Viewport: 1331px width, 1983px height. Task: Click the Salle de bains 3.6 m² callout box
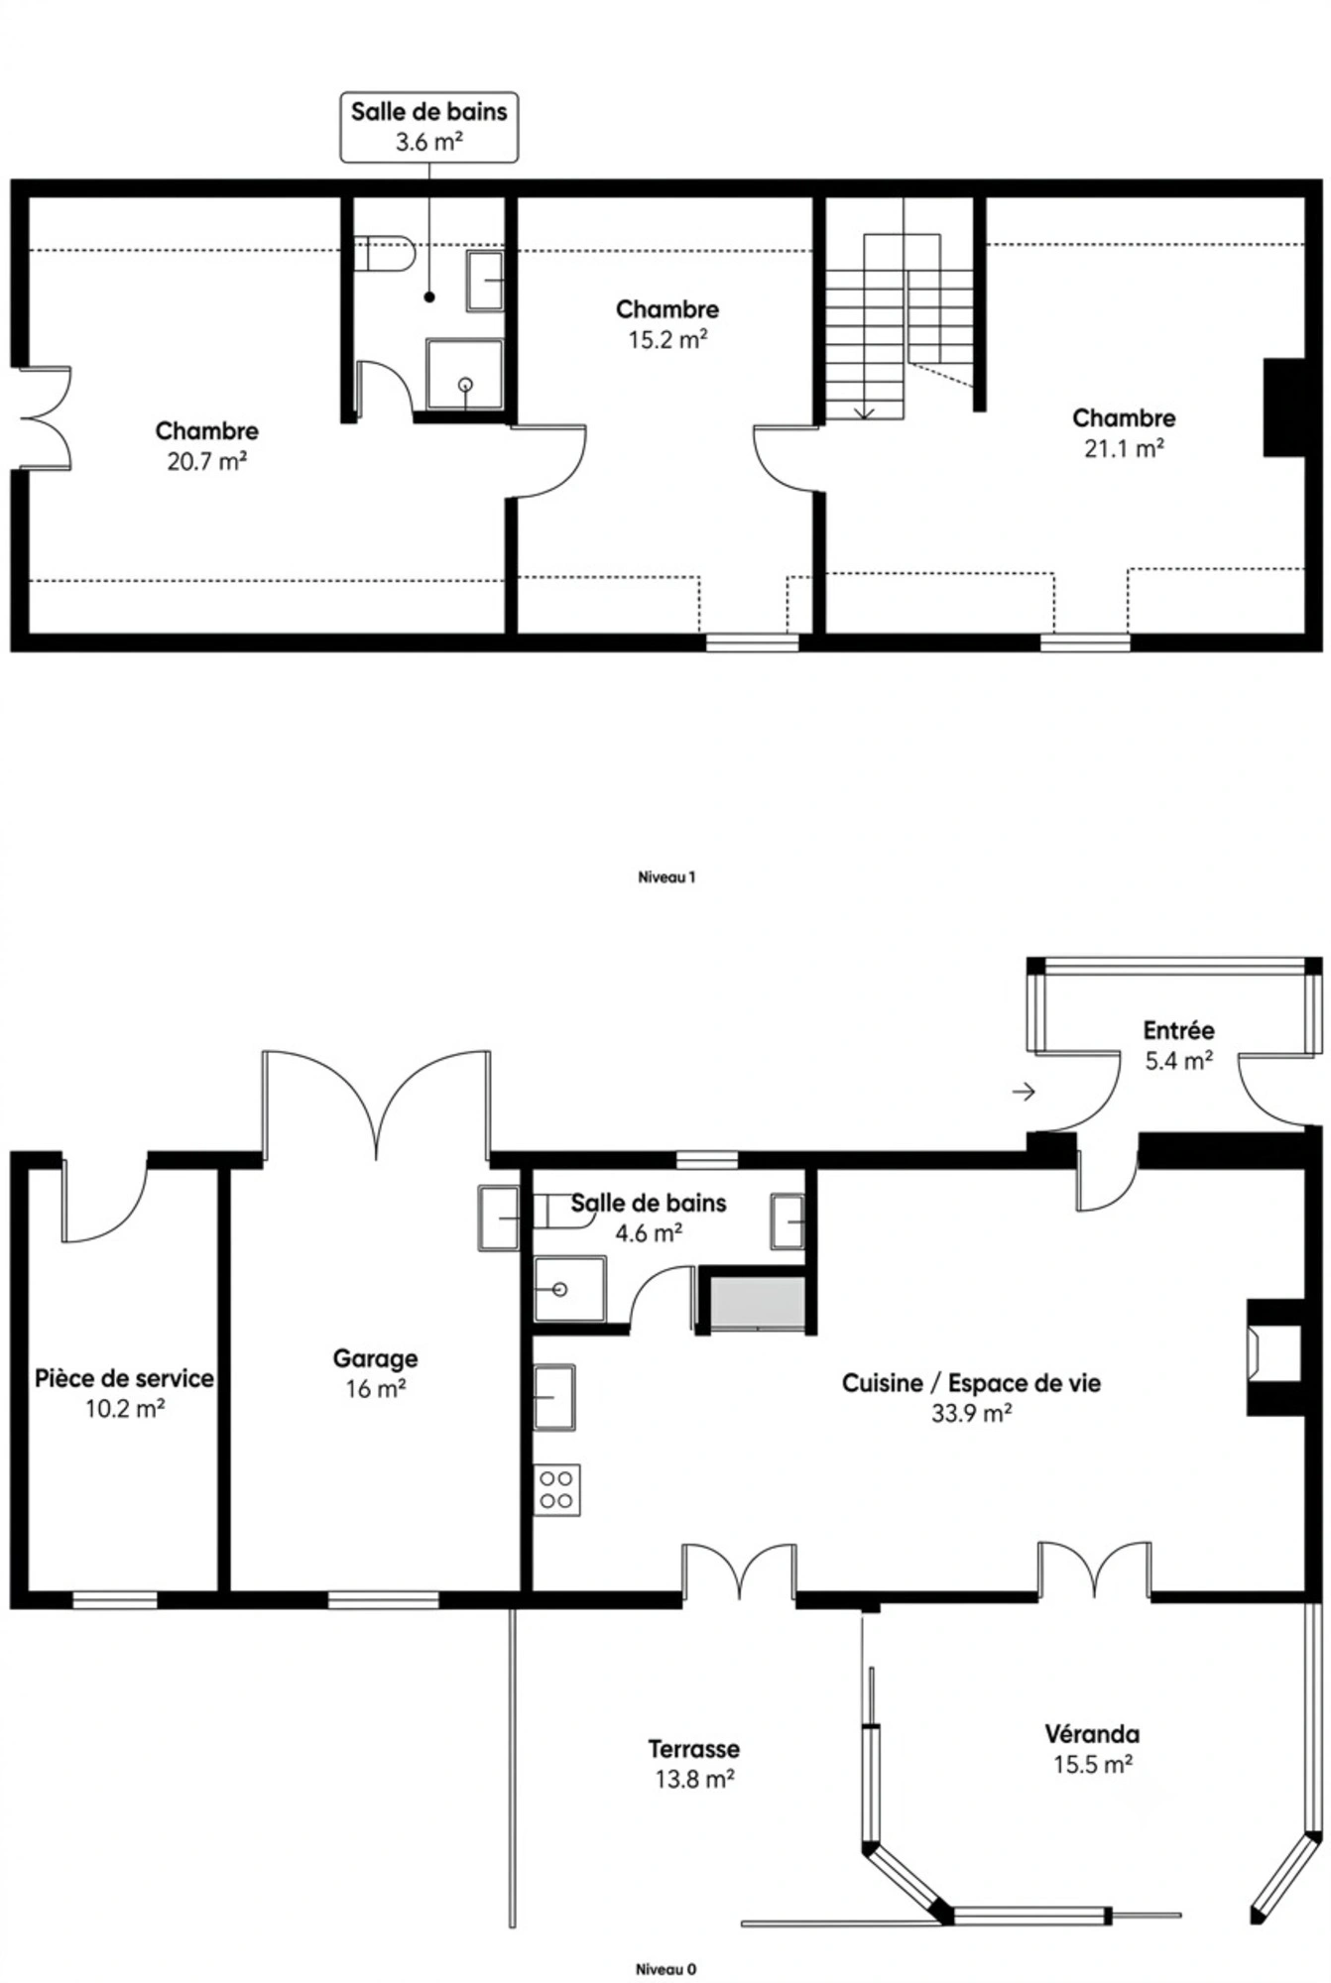click(428, 127)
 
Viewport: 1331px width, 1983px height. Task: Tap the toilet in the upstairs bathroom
click(384, 254)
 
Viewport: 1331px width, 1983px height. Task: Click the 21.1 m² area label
click(1124, 449)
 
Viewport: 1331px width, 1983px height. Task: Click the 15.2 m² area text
click(667, 340)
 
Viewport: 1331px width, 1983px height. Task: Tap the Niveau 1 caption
click(666, 877)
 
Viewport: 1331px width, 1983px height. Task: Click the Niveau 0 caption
click(666, 1968)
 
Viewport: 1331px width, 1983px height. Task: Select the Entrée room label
click(1178, 1030)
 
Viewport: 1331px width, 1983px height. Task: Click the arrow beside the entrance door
click(1024, 1092)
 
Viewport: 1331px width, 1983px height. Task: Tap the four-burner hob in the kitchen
click(557, 1489)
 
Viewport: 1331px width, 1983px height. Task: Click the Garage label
click(375, 1358)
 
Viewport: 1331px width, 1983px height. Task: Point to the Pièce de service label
click(124, 1378)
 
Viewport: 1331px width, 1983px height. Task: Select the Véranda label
click(1092, 1734)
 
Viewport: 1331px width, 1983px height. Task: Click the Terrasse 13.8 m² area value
click(694, 1779)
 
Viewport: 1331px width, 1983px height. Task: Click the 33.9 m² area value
click(971, 1414)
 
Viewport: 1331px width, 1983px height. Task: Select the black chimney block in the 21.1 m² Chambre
click(1283, 408)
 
